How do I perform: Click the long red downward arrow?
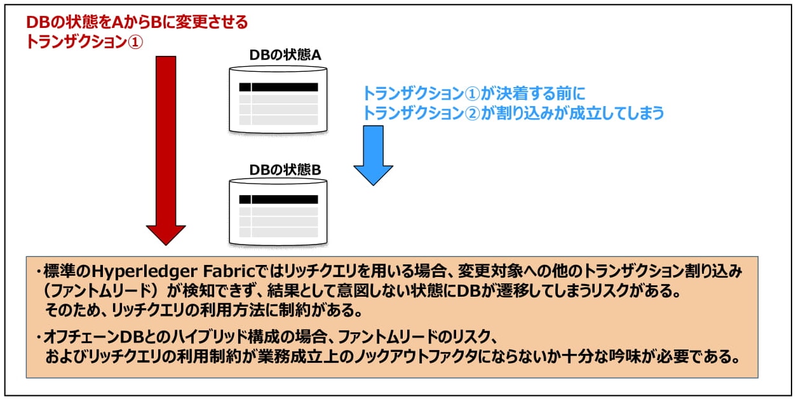point(166,146)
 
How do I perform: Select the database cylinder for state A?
point(278,99)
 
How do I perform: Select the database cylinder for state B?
point(278,213)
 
